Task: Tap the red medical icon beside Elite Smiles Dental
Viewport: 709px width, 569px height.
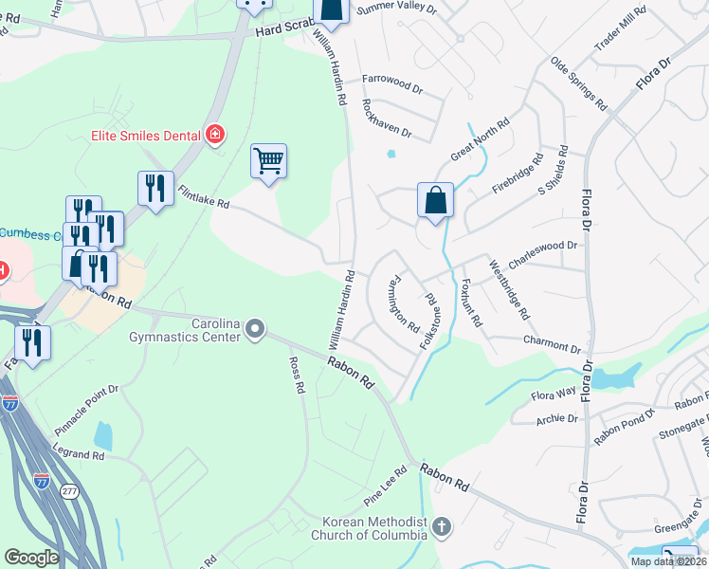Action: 215,135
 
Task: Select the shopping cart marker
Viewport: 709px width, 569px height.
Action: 269,162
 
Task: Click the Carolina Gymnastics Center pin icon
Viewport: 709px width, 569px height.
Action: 254,329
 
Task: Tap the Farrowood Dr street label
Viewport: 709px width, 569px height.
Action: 391,83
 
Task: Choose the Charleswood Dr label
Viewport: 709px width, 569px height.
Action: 542,245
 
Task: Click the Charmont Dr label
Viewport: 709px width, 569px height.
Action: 550,341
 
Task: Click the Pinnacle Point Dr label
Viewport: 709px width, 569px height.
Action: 86,403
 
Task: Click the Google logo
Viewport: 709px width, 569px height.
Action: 31,558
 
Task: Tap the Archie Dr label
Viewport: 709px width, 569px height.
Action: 557,418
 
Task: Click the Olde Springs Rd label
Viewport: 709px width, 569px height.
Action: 578,83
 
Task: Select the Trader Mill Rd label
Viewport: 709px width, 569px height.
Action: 620,28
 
